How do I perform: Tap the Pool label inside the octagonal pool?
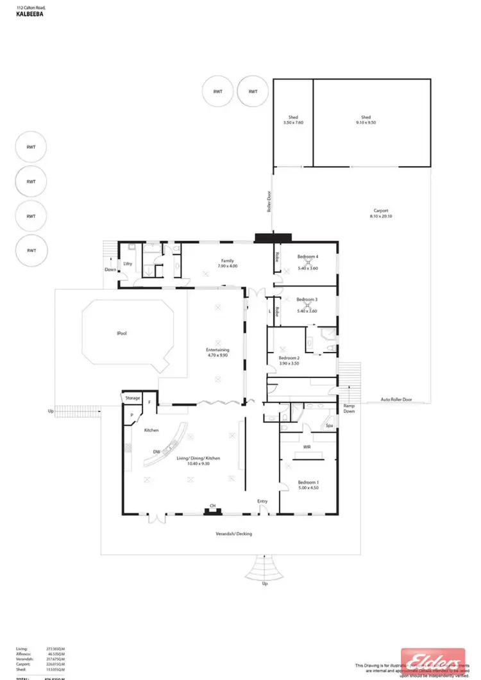click(x=121, y=334)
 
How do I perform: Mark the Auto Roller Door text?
click(x=397, y=399)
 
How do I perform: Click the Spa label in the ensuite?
click(x=329, y=426)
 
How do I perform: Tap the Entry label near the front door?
click(x=262, y=501)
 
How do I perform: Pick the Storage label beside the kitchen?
click(x=132, y=398)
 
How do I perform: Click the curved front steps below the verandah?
click(x=264, y=567)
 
